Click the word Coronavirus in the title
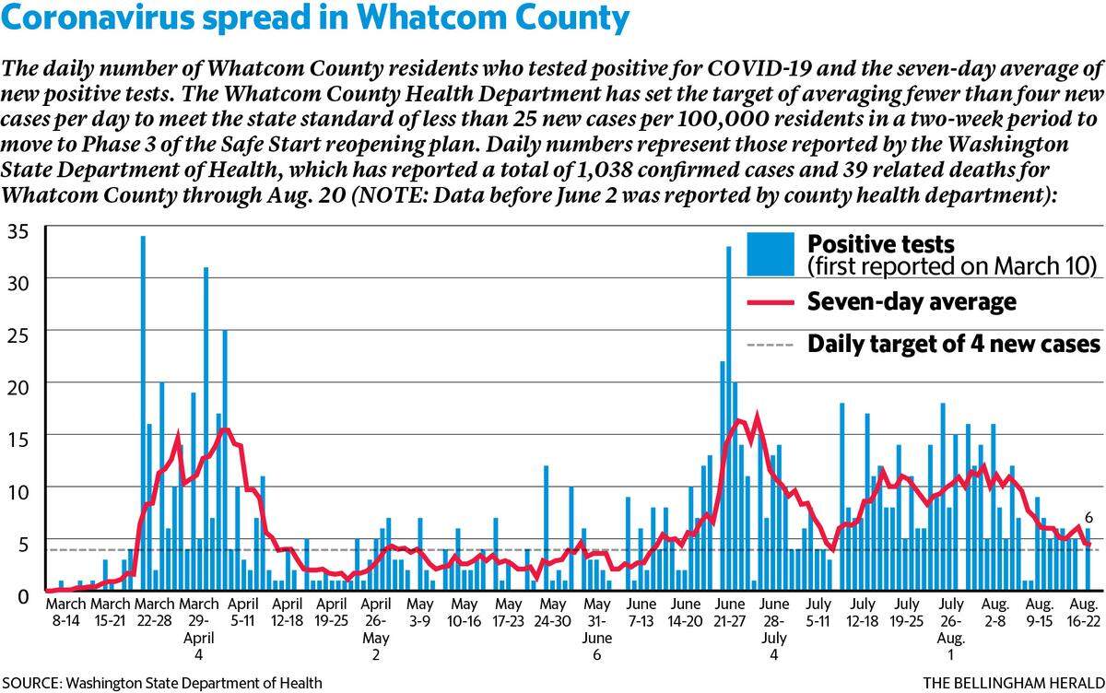point(98,18)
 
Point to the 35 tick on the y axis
point(18,231)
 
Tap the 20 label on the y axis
point(18,388)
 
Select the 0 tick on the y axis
point(23,597)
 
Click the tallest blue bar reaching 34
point(143,413)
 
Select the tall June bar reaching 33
point(728,418)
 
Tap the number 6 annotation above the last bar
point(1088,518)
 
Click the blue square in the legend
point(771,254)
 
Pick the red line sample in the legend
point(771,302)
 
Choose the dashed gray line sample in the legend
point(771,345)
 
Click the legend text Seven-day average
point(912,302)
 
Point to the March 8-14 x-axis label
point(65,612)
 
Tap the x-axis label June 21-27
point(729,612)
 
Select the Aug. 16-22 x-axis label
point(1083,612)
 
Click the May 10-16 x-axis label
point(465,612)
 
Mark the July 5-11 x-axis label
point(818,612)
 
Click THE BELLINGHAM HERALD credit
point(1014,683)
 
